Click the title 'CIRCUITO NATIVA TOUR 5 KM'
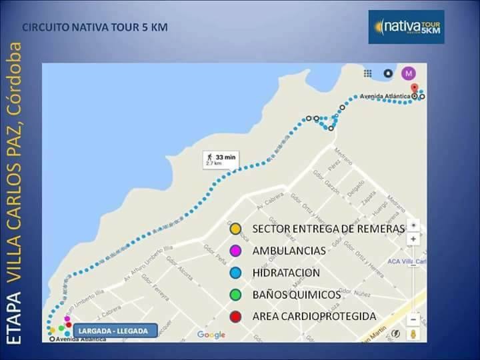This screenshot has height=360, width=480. pos(95,28)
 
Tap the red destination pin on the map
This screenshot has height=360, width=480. pos(414,89)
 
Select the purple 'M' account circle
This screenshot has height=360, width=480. pos(408,73)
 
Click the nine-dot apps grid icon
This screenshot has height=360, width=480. pos(367,73)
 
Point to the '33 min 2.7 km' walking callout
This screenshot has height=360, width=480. pos(221,160)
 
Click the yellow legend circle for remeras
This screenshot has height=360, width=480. pos(235,229)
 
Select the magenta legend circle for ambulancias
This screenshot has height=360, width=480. pos(235,251)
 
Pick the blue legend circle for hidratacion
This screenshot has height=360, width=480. pos(235,273)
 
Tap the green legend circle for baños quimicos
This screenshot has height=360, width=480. pos(235,294)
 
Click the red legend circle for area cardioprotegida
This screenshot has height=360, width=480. pos(235,316)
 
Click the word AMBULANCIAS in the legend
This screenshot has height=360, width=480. pos(289,251)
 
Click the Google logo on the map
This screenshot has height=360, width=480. pos(211,335)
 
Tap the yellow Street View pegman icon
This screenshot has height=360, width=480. pos(413,333)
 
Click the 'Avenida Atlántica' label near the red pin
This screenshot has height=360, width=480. pos(385,96)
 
